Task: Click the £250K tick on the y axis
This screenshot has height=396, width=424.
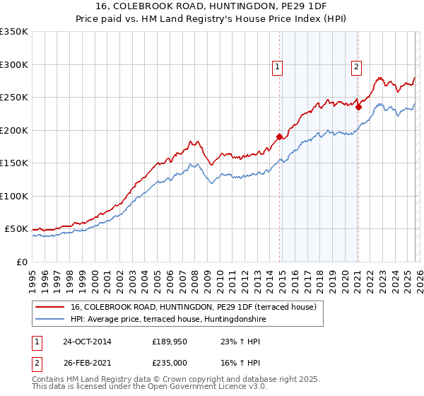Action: coord(14,98)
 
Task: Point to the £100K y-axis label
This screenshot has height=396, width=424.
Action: coord(14,196)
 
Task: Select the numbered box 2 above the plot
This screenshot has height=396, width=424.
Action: coord(356,67)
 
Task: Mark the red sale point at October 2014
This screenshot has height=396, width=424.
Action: coord(280,136)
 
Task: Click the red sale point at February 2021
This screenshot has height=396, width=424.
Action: coord(359,107)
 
